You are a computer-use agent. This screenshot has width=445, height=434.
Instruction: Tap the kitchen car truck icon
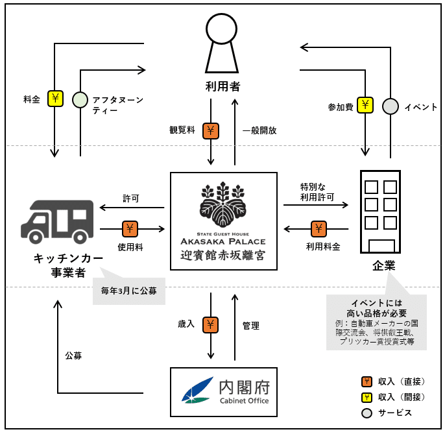pos(57,221)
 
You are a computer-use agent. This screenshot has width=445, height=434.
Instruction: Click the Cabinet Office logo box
pos(223,392)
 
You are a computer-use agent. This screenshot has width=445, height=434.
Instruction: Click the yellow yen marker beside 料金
pos(55,99)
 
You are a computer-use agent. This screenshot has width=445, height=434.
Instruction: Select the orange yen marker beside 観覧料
pos(211,130)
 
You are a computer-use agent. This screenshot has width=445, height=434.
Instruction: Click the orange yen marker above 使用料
pos(130,228)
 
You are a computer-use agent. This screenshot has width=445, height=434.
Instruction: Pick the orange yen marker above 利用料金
pos(319,228)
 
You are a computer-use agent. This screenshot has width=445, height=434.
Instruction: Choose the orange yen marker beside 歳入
pos(211,324)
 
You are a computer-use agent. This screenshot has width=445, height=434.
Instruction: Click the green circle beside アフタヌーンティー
pos(80,99)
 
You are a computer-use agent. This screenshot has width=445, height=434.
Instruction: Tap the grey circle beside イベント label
pos(390,106)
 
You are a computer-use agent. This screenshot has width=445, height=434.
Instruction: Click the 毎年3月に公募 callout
pos(128,289)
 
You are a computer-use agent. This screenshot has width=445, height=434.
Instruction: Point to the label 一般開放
pos(259,130)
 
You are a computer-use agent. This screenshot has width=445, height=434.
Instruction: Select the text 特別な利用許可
pos(317,191)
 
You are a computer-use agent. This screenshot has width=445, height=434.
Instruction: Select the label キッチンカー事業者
pos(69,265)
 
